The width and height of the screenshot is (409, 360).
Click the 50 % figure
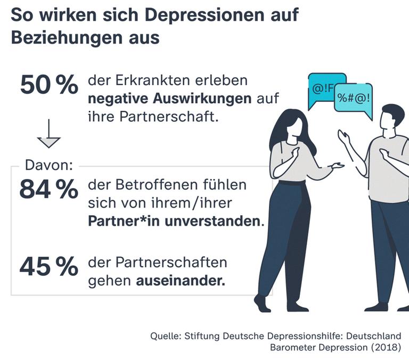pyautogui.click(x=48, y=85)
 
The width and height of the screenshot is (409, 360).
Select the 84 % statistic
pyautogui.click(x=48, y=190)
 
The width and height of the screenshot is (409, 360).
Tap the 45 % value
pyautogui.click(x=48, y=268)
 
